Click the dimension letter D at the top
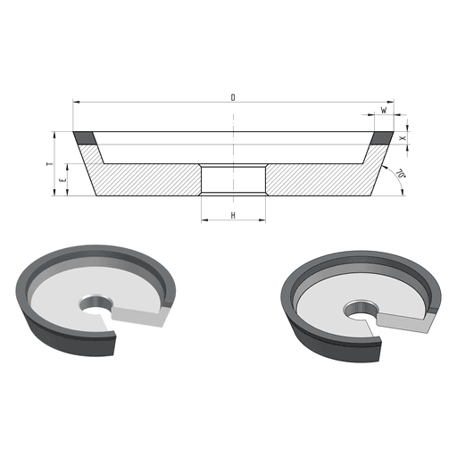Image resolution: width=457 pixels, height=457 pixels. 233,97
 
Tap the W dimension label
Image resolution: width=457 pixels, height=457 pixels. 384,110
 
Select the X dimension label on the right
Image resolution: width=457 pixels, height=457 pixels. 403,138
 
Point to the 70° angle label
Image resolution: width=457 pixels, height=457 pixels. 401,173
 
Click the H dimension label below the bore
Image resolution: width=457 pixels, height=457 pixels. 233,215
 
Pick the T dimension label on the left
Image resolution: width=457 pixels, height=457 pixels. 50,164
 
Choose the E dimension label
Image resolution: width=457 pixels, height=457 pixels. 62,180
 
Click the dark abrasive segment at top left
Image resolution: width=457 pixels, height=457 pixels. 85,138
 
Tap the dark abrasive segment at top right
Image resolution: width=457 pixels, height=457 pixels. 382,138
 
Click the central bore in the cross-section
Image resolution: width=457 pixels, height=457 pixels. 233,179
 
